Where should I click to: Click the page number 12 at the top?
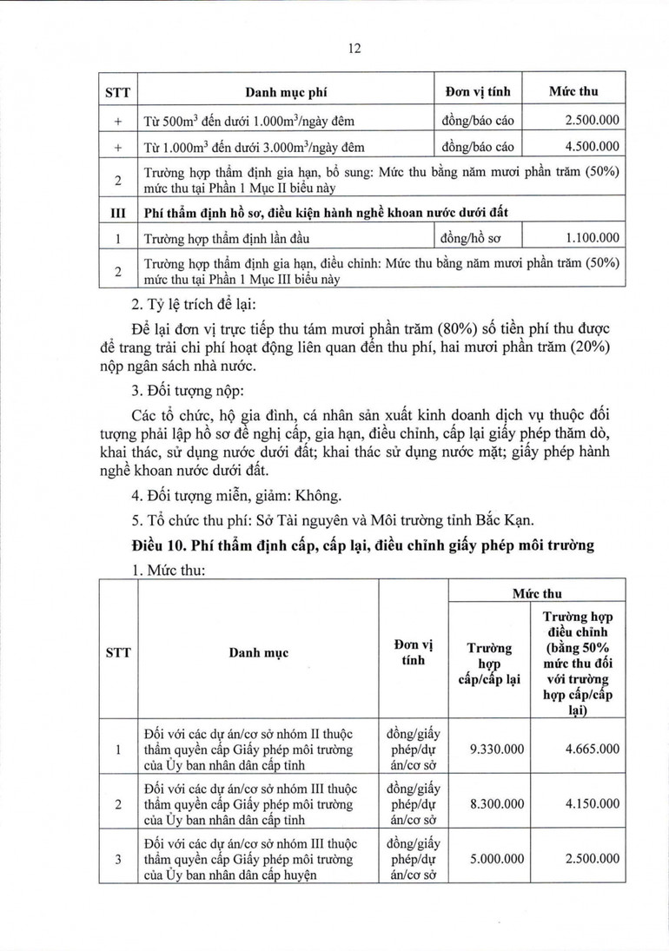(x=354, y=50)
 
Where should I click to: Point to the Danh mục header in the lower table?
(x=259, y=651)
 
